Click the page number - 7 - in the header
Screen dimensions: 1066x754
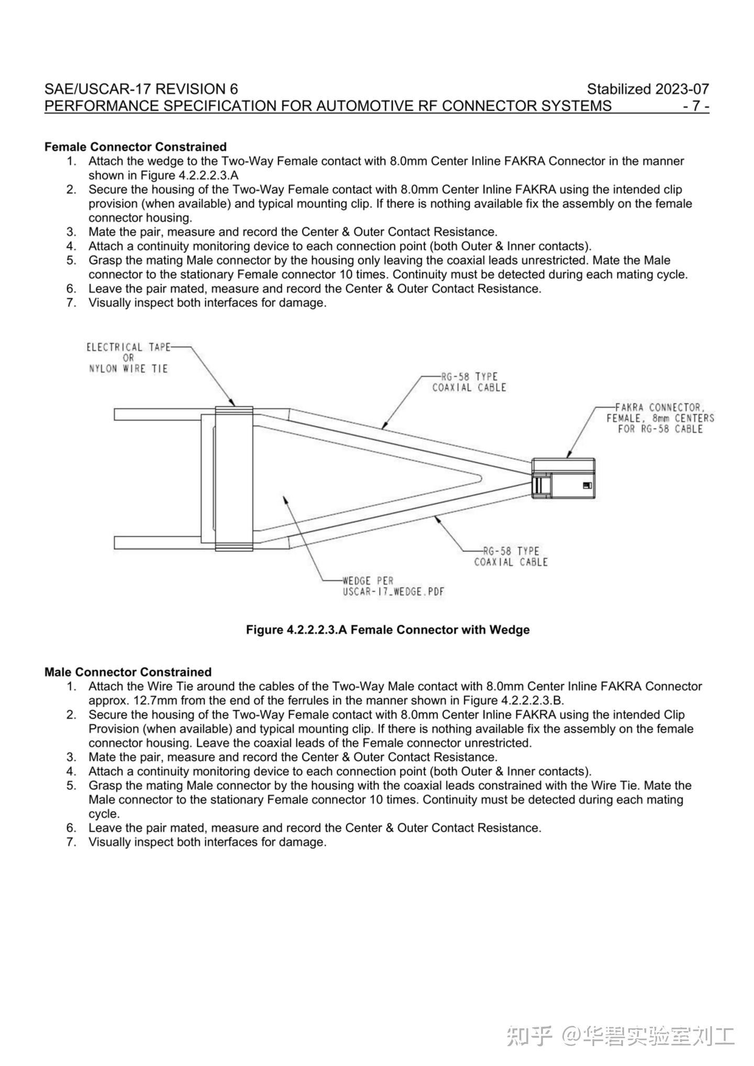[x=696, y=106]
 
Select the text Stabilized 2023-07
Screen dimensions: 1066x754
[x=648, y=89]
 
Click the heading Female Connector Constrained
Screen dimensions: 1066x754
[x=136, y=147]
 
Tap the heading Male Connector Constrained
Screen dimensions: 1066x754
[x=128, y=672]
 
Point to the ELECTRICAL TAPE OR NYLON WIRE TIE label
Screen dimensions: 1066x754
[x=128, y=358]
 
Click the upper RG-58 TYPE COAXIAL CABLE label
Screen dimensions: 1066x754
[x=469, y=382]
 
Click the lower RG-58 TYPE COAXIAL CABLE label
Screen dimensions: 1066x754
[x=511, y=557]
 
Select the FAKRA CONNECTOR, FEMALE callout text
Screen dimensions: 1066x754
[x=660, y=418]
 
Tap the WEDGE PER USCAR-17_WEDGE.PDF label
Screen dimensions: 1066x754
[x=393, y=586]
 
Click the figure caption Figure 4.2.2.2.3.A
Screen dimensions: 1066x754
[x=387, y=630]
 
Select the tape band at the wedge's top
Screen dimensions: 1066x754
[x=234, y=412]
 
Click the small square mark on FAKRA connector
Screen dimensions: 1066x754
[x=587, y=485]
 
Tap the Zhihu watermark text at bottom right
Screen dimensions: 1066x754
[x=620, y=1035]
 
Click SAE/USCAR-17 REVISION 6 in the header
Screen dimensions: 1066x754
[x=141, y=89]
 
